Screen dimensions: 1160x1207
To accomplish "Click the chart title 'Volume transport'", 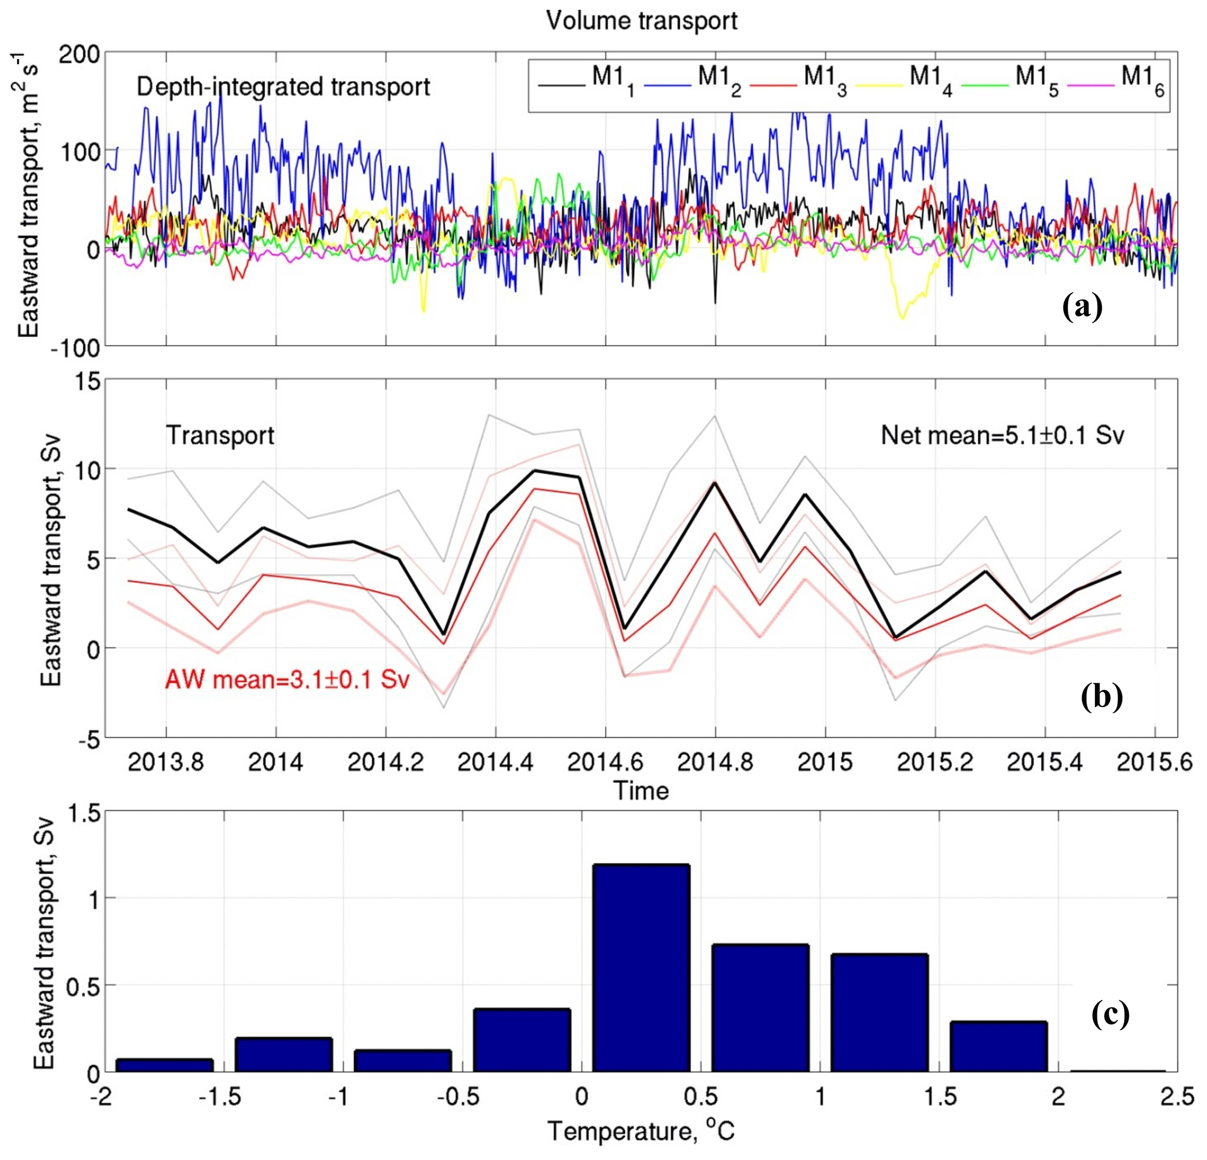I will tap(641, 21).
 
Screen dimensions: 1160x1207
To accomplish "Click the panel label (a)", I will tap(1082, 306).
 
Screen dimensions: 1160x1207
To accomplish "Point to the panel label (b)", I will tap(1102, 696).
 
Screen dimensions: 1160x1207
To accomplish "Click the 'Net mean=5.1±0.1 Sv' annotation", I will tap(1002, 436).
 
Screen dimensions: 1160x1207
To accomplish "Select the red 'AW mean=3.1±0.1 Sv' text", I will tap(287, 680).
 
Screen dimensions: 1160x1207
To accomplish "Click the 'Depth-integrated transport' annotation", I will tap(283, 87).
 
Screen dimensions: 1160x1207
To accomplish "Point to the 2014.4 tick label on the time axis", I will tap(495, 762).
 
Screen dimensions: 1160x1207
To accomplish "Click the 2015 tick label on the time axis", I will tap(825, 762).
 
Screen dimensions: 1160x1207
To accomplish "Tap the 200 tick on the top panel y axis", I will tap(79, 54).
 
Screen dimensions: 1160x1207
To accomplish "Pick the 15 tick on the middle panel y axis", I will tap(89, 381).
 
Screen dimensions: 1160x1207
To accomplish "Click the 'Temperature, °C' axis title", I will tap(641, 1130).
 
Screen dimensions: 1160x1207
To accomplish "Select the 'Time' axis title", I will tap(641, 791).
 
